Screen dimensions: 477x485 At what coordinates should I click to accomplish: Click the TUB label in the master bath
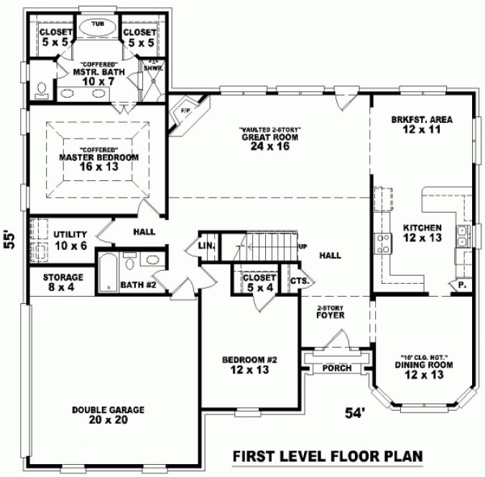(98, 22)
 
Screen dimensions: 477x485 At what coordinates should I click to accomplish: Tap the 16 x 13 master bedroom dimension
(98, 167)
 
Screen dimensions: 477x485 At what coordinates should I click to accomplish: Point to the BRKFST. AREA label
(422, 120)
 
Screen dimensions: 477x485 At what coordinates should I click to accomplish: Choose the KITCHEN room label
(422, 228)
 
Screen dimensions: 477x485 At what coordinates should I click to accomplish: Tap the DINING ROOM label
(422, 366)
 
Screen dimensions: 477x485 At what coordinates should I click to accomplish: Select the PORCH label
(337, 369)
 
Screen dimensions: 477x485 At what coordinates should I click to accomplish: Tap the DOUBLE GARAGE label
(108, 409)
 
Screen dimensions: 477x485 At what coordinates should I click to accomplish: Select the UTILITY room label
(70, 235)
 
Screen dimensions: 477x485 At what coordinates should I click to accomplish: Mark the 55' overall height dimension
(9, 239)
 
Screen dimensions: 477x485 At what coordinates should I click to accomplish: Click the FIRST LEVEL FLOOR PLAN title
(326, 456)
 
